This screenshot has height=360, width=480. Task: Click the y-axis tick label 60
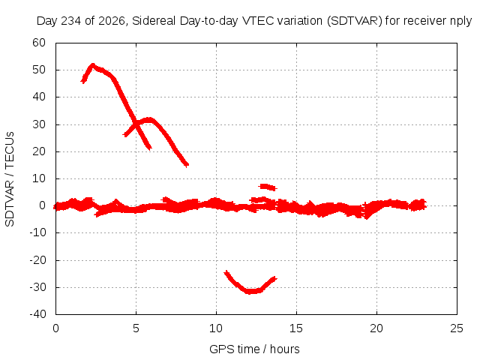click(x=39, y=43)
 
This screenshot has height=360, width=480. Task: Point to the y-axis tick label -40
click(x=38, y=314)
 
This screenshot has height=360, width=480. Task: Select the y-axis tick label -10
click(x=38, y=232)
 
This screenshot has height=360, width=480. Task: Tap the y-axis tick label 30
click(x=39, y=124)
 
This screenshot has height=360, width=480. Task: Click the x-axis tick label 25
click(x=457, y=328)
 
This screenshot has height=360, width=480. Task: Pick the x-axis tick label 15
click(x=296, y=328)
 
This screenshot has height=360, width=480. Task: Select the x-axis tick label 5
click(x=136, y=328)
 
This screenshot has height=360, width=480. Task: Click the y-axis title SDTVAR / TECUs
click(x=10, y=179)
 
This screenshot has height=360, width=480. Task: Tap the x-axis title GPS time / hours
click(x=254, y=349)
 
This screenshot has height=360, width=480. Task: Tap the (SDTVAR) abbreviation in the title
click(x=355, y=21)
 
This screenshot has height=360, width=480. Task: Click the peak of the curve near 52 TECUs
click(x=92, y=65)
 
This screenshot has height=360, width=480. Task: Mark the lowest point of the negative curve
click(x=251, y=292)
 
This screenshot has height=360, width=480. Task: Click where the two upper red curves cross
click(x=136, y=123)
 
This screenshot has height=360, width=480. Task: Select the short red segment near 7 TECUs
click(x=268, y=187)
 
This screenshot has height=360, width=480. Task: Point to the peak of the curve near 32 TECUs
click(x=148, y=119)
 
